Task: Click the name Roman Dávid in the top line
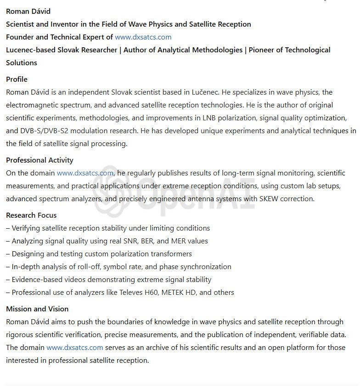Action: point(28,11)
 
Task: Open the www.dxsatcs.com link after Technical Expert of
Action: point(143,37)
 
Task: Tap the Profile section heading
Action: point(17,79)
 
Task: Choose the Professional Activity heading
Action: point(39,160)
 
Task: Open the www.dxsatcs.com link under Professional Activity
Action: point(85,173)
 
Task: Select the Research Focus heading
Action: point(31,215)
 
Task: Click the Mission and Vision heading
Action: point(37,309)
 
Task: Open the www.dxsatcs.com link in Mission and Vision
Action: point(75,347)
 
